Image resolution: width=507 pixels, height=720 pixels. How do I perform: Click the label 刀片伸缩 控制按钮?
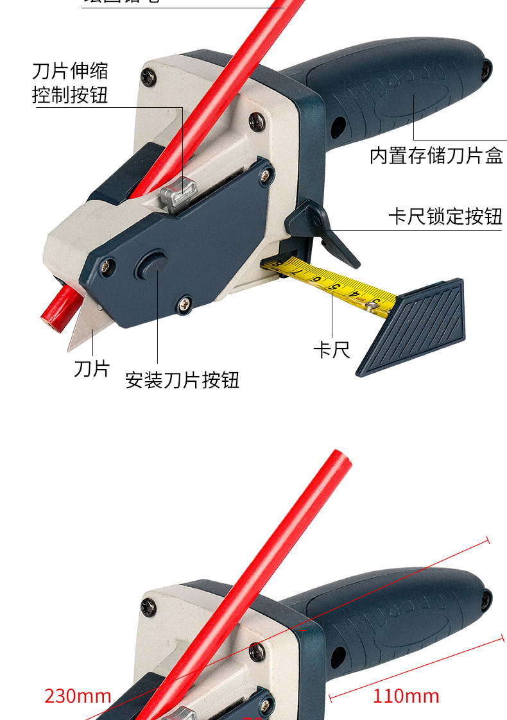[x=70, y=83]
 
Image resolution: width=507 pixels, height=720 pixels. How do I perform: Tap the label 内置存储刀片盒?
[x=436, y=156]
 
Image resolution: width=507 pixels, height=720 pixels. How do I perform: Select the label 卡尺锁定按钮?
[x=444, y=216]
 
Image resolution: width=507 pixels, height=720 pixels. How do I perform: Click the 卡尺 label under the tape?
[x=331, y=350]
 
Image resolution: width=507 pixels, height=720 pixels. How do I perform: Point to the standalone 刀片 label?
[x=92, y=369]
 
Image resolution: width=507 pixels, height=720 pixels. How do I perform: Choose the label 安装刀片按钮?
[x=182, y=381]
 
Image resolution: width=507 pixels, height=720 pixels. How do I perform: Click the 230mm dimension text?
[x=78, y=696]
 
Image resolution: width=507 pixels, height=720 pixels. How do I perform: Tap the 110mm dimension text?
[x=406, y=696]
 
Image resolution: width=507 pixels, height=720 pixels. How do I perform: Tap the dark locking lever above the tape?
[x=321, y=231]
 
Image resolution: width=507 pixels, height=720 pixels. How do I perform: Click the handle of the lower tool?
[x=398, y=616]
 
